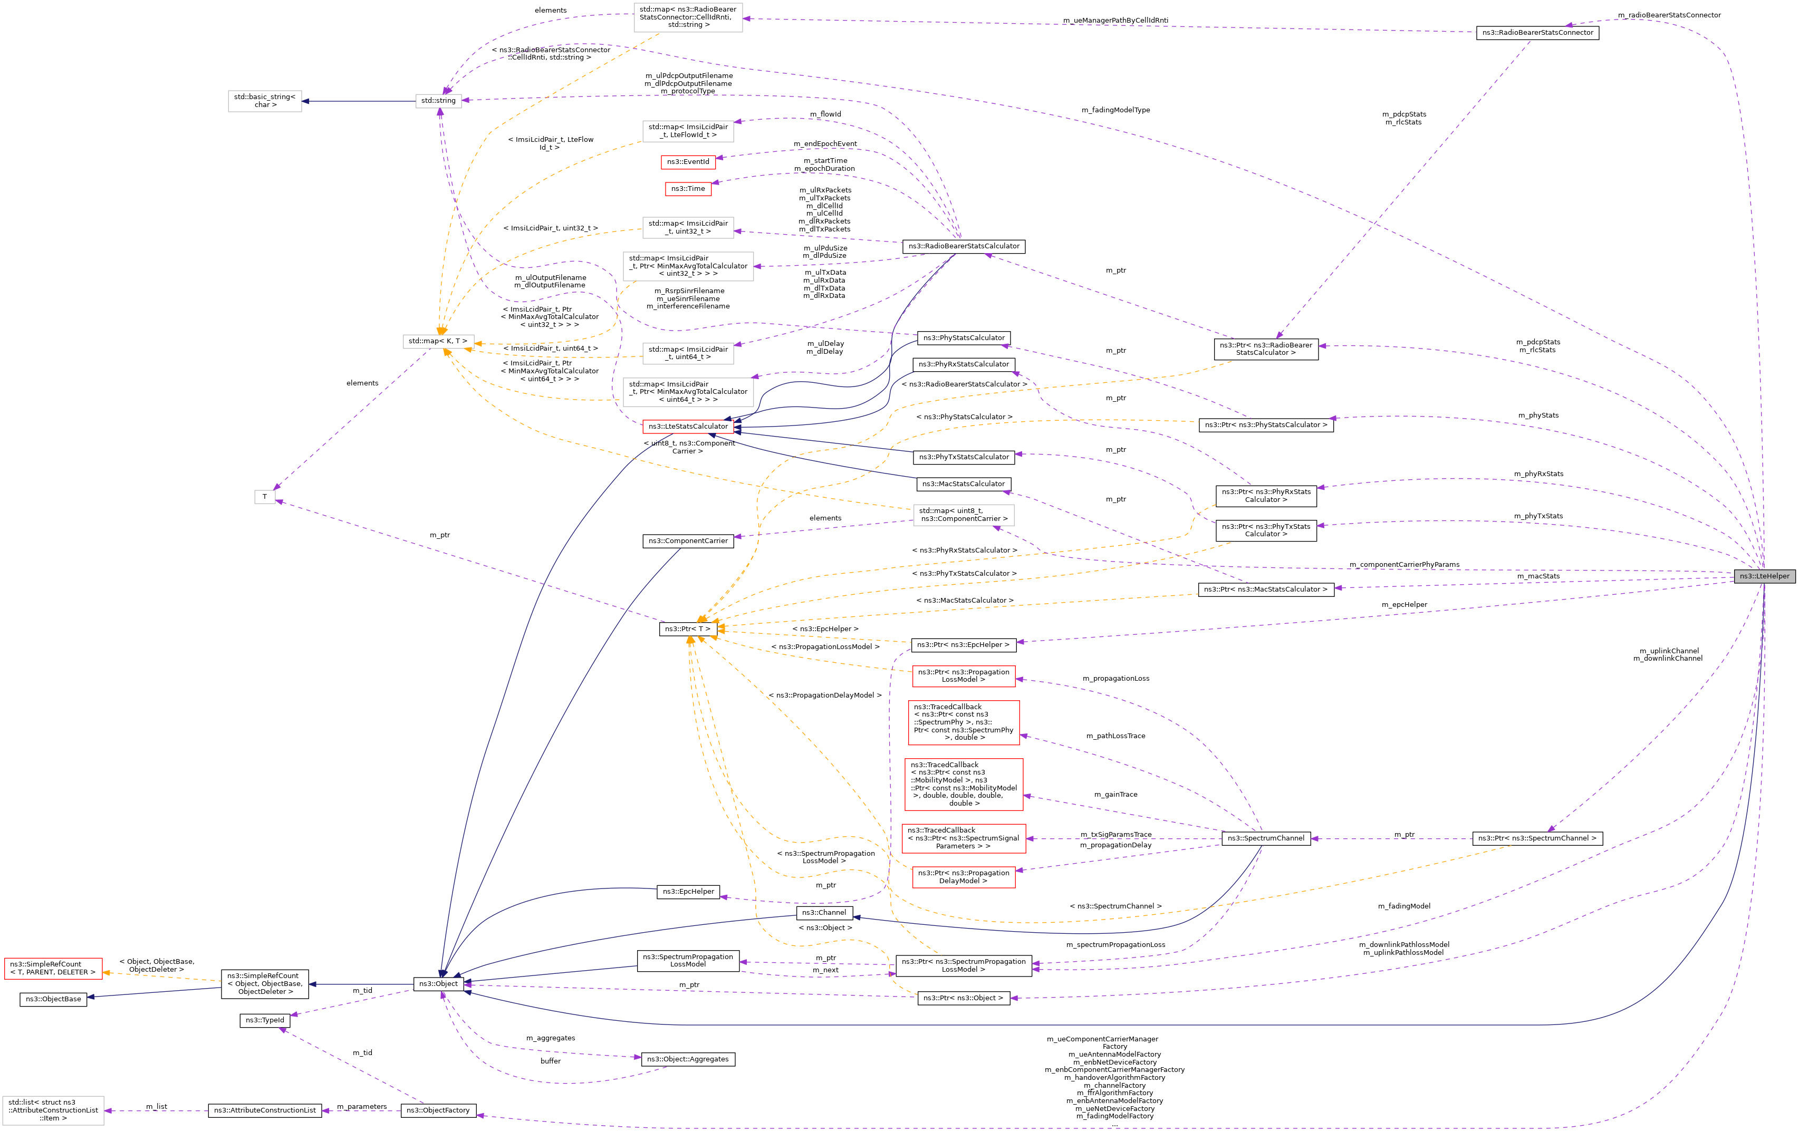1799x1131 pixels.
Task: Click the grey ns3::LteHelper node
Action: click(1764, 576)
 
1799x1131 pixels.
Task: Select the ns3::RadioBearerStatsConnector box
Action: click(1537, 33)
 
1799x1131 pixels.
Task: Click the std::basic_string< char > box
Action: click(264, 101)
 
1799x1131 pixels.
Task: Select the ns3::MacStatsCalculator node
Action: click(963, 484)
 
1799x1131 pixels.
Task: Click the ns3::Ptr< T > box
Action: click(687, 629)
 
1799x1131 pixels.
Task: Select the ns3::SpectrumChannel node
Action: click(1266, 838)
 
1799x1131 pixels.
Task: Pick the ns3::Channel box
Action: click(823, 913)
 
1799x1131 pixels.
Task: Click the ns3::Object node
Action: click(438, 984)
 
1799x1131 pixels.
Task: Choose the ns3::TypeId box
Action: click(264, 1020)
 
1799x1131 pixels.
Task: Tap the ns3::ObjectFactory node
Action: click(438, 1111)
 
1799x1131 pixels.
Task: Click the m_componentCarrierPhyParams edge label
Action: click(1404, 565)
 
